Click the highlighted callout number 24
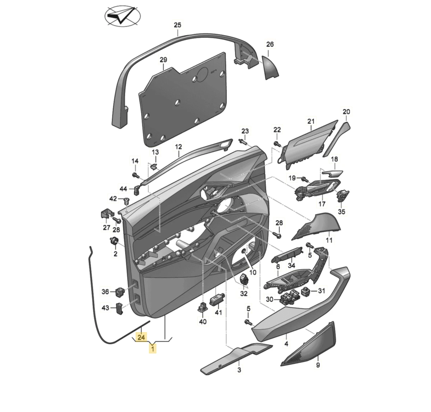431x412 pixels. [x=141, y=337]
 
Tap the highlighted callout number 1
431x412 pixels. [x=153, y=348]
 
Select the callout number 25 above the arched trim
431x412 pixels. [x=177, y=25]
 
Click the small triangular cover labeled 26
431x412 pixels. [x=270, y=68]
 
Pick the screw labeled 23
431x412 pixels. [x=243, y=142]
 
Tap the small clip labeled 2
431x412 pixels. [x=115, y=241]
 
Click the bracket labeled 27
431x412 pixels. [x=105, y=214]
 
